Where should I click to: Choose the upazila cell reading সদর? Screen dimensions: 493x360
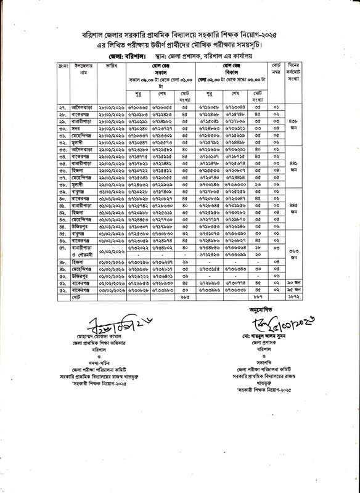pyautogui.click(x=63, y=129)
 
